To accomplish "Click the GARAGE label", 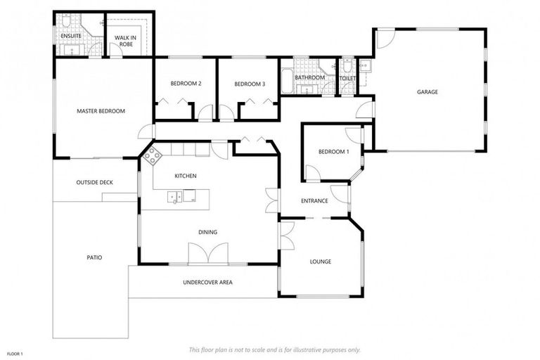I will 427,92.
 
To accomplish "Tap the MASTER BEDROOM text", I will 101,111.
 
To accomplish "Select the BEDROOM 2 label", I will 186,84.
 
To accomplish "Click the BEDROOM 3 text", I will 249,84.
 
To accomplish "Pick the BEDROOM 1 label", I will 333,152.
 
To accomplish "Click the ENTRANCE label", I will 314,201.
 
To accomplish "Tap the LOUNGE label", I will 320,262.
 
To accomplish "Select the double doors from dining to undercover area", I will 208,253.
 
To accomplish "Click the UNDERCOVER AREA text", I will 207,283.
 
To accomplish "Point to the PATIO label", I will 94,258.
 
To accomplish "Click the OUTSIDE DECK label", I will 94,183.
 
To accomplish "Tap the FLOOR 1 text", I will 15,353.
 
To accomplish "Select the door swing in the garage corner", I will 385,39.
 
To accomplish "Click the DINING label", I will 207,232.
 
